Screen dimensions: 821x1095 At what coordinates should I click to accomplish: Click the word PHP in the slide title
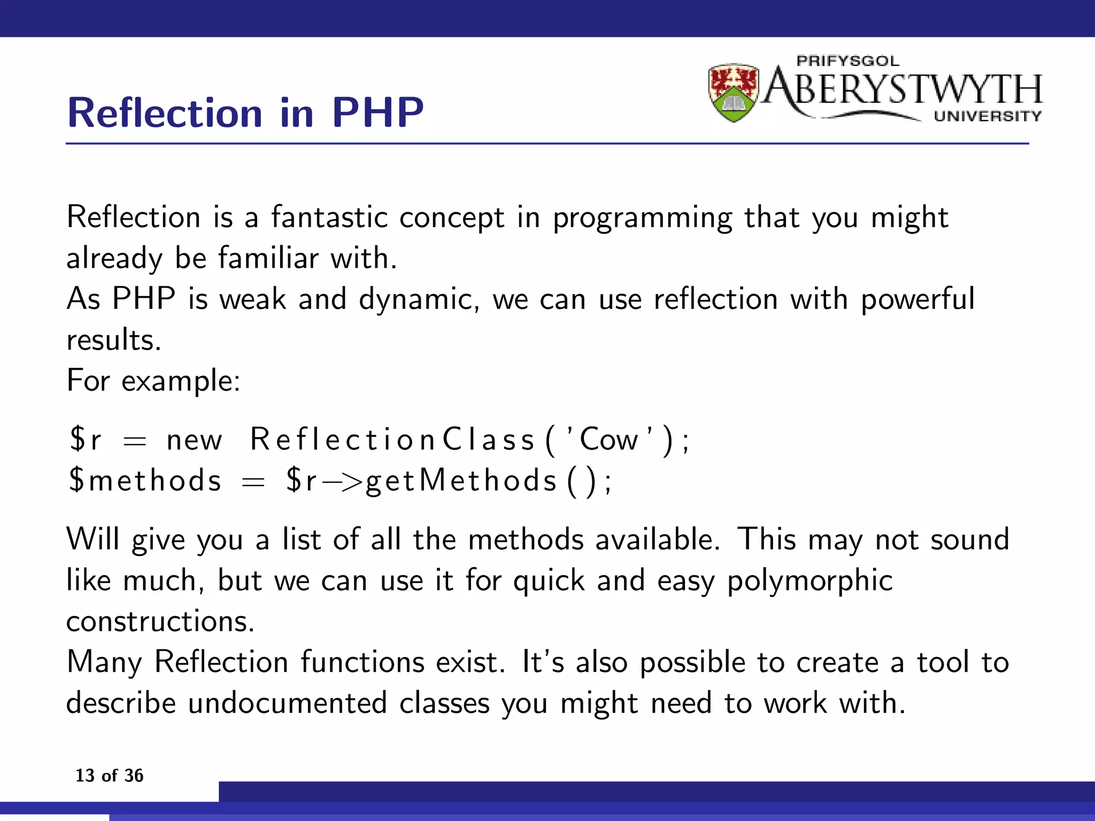click(377, 113)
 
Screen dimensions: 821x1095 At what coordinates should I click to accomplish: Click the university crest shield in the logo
click(734, 92)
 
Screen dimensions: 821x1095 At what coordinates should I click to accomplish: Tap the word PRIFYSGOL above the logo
click(848, 61)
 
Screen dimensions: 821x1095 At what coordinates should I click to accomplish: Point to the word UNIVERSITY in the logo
click(988, 116)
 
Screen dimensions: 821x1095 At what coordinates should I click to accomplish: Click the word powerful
click(917, 299)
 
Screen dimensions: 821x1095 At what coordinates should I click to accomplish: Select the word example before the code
click(181, 381)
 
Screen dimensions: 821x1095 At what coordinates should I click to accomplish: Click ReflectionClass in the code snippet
click(392, 440)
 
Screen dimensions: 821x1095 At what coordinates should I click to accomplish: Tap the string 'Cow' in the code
click(609, 440)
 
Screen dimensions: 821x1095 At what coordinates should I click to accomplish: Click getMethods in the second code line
click(461, 481)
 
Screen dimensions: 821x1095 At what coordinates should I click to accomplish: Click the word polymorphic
click(809, 581)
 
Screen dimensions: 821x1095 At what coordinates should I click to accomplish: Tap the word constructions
click(160, 622)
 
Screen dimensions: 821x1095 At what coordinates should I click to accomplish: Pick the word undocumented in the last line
click(287, 703)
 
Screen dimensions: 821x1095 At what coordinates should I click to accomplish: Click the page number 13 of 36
click(109, 776)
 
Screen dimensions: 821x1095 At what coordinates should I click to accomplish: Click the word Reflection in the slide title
click(165, 113)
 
